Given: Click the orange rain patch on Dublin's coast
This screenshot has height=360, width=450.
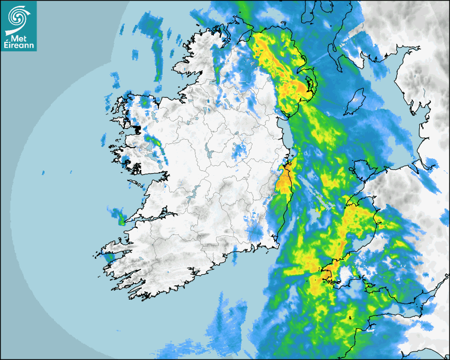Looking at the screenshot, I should [x=285, y=178].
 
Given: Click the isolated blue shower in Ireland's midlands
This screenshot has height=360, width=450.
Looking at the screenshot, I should [x=239, y=150].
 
